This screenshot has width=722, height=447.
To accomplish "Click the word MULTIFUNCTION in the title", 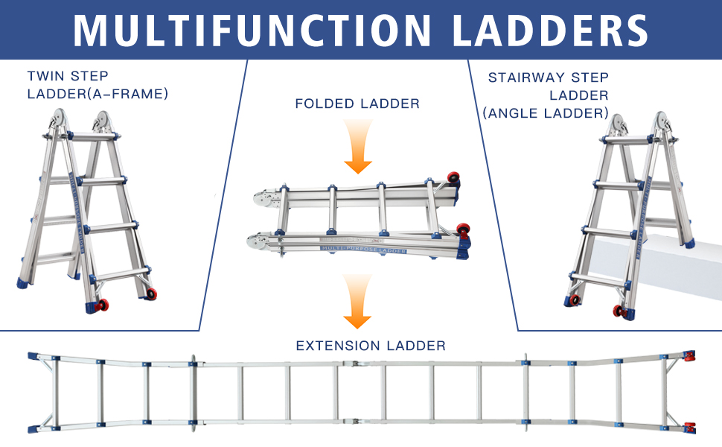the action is click(252, 31).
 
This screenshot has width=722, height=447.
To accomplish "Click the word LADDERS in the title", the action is click(550, 31).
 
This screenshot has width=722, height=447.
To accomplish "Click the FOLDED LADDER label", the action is click(357, 104).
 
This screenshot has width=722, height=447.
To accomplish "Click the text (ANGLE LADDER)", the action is click(546, 113).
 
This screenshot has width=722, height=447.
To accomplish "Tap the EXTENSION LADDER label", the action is click(371, 346).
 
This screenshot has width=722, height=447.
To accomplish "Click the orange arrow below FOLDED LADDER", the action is click(358, 146).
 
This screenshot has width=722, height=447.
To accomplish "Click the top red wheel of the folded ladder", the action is click(453, 177).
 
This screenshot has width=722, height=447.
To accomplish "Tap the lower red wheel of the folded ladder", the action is click(463, 229).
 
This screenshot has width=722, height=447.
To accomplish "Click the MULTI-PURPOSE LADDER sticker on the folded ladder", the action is click(363, 250).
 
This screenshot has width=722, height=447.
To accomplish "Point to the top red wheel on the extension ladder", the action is click(689, 356).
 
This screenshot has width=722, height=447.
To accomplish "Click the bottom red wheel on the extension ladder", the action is click(690, 428).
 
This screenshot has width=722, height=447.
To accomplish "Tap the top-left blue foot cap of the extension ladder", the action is click(33, 356).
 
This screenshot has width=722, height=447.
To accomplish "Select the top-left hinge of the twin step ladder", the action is click(59, 119).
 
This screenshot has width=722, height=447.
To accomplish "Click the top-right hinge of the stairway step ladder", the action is click(661, 121).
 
